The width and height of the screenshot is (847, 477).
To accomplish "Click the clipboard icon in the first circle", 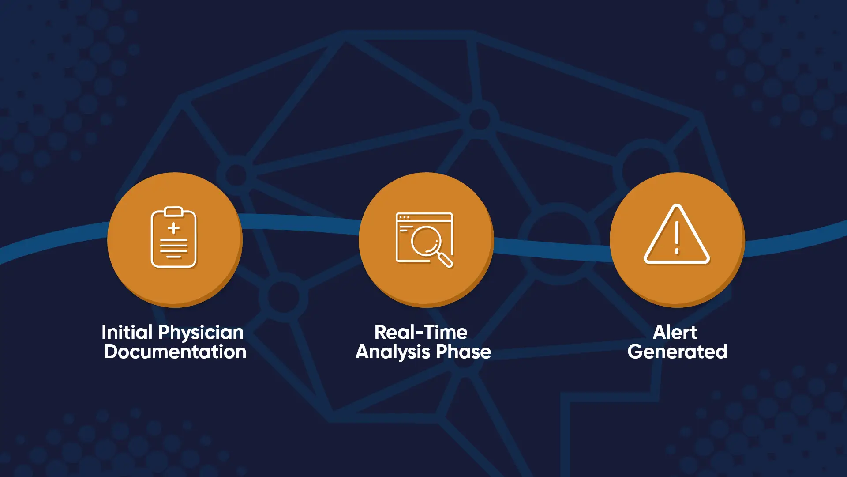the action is [x=173, y=237].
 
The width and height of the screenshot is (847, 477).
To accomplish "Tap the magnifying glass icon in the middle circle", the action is [x=425, y=240].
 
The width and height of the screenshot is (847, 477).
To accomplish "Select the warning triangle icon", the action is [x=677, y=234].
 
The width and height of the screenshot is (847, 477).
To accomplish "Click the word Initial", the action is [x=127, y=332].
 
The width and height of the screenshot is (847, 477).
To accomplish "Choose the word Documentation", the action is [x=175, y=352].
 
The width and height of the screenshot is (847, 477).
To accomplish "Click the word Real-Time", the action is [x=421, y=332].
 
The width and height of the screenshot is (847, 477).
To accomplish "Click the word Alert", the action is [x=675, y=332].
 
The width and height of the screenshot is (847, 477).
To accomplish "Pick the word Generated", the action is [x=677, y=352].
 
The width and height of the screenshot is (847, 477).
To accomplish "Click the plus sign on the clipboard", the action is [x=174, y=228].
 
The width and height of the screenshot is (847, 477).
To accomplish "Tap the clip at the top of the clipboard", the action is [x=174, y=212].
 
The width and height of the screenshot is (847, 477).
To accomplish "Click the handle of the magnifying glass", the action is [x=445, y=260].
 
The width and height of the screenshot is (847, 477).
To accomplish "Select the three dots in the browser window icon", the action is [x=404, y=217].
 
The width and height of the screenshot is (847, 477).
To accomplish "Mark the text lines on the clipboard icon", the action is [x=174, y=248].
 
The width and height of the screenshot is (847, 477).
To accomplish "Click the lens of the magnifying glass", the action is [x=425, y=241].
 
